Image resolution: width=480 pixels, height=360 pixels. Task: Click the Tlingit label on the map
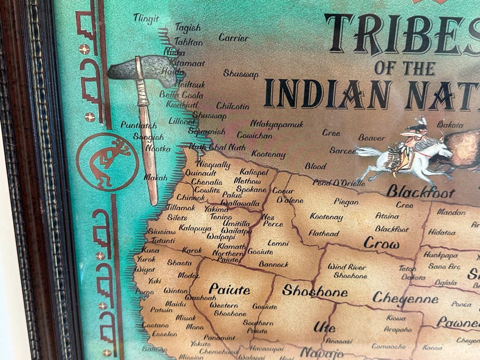click(146, 19)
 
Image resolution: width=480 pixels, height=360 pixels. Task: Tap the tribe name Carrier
click(234, 38)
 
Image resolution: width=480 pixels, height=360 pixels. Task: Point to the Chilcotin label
click(233, 106)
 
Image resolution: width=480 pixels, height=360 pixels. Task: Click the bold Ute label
click(324, 326)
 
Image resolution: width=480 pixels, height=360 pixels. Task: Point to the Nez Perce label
click(273, 220)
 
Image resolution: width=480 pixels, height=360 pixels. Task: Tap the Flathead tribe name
click(323, 234)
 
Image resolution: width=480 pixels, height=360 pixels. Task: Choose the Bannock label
click(274, 264)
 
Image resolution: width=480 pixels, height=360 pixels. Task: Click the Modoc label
click(188, 275)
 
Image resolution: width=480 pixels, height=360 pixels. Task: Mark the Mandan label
click(451, 212)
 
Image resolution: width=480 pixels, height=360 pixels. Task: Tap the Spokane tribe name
click(251, 189)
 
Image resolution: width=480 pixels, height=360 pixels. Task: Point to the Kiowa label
click(396, 318)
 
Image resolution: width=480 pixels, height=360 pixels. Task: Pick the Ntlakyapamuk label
click(277, 124)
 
